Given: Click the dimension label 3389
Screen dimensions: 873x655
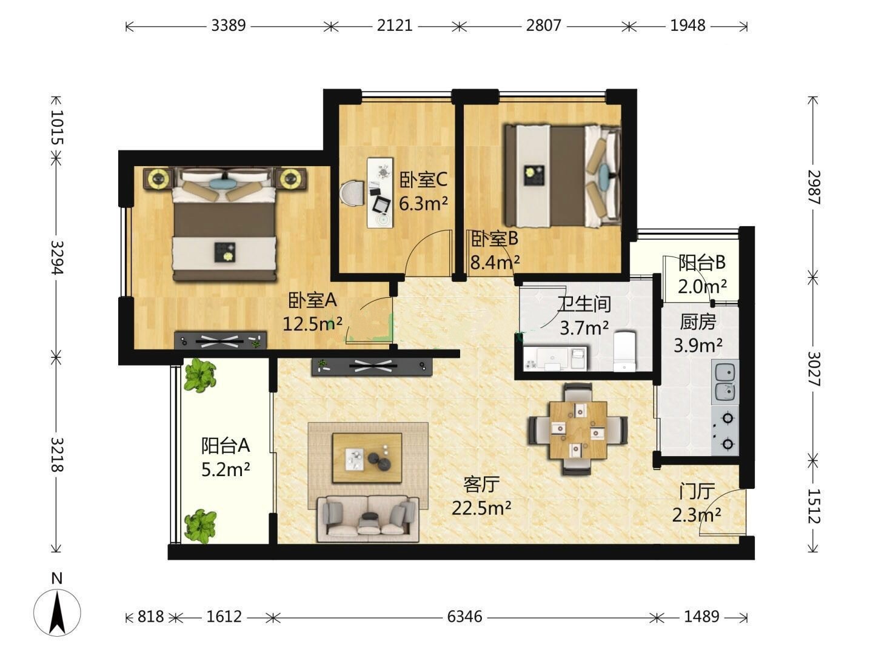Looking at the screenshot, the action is (229, 26).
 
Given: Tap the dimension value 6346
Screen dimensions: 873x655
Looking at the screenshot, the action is (464, 617).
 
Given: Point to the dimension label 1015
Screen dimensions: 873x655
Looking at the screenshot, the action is (57, 127).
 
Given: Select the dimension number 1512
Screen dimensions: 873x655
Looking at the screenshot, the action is (814, 506).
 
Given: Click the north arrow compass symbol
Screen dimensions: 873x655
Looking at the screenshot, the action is (57, 613).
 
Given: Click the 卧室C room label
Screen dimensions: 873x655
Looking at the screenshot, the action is (423, 180).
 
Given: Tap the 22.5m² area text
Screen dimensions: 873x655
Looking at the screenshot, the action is (481, 508).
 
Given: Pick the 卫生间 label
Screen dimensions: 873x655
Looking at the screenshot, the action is (584, 304).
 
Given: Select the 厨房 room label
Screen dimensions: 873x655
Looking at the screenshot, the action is (698, 321).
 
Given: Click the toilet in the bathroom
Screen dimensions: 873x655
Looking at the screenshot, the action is (625, 351).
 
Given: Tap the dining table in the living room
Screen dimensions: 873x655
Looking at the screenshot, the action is (578, 429).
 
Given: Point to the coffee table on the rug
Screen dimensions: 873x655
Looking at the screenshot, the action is (367, 458).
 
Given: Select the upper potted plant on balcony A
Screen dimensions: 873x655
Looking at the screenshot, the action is (200, 375).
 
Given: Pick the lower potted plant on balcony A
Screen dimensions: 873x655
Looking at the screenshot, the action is (201, 526).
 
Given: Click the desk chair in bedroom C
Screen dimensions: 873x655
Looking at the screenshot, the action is (352, 193).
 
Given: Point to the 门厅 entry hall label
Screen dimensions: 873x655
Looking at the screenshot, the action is (697, 491).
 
